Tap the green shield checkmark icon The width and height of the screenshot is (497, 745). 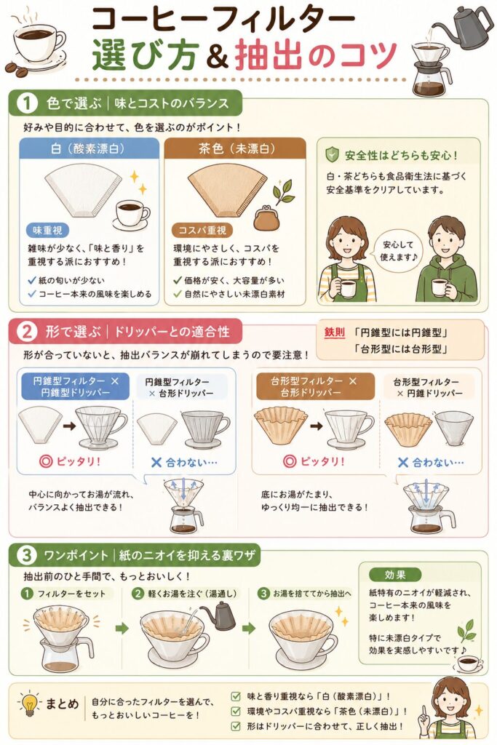(332, 155)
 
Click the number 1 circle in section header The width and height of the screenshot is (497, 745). (26, 103)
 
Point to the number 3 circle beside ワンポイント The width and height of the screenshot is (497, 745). (25, 555)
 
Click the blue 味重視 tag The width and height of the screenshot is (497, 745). (47, 231)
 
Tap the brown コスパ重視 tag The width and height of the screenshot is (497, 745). (202, 231)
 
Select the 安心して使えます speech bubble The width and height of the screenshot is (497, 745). (398, 250)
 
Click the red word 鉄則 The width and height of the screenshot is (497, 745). (335, 332)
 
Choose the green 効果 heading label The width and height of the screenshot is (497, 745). (395, 575)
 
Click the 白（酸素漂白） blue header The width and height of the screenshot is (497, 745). (89, 148)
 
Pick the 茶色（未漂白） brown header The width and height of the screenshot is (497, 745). (235, 148)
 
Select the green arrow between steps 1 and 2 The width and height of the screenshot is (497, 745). (122, 628)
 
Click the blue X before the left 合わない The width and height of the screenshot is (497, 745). (156, 462)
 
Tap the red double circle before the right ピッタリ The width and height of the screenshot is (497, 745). (290, 461)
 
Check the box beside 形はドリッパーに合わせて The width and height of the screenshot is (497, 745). (235, 726)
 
